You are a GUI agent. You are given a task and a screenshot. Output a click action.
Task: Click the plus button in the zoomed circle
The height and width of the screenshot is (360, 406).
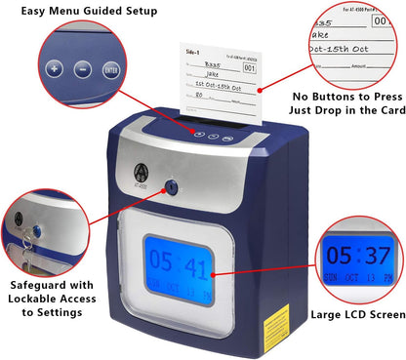(54, 70)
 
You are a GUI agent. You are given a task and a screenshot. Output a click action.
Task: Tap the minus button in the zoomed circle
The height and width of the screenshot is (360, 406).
(82, 70)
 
